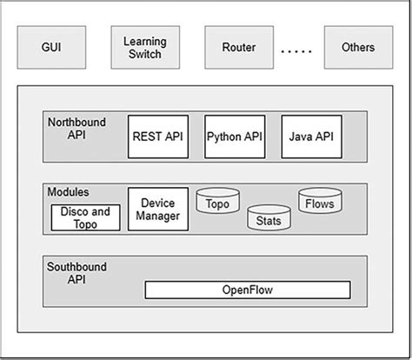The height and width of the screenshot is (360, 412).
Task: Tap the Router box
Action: pyautogui.click(x=238, y=48)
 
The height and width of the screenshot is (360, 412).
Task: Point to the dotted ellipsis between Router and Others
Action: pyautogui.click(x=297, y=50)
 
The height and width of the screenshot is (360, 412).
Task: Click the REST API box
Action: pyautogui.click(x=158, y=137)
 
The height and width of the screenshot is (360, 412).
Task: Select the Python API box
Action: pyautogui.click(x=235, y=137)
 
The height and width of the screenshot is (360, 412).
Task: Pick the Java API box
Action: pyautogui.click(x=312, y=137)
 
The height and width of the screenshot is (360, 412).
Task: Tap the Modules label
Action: pyautogui.click(x=69, y=191)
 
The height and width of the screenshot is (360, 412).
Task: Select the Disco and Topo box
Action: pyautogui.click(x=85, y=217)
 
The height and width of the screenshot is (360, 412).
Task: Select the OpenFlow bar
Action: pyautogui.click(x=247, y=290)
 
